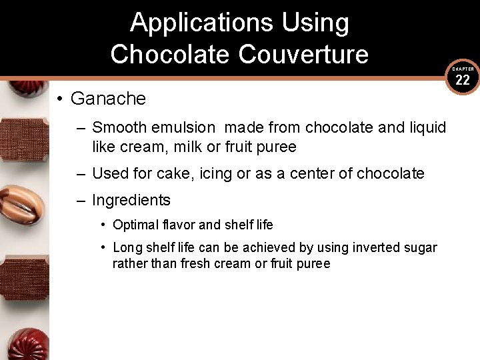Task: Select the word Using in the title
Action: coord(315,23)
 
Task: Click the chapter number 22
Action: coord(463,81)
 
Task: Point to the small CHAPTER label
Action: coord(463,69)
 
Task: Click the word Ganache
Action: coord(108,99)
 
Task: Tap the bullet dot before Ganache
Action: coord(60,99)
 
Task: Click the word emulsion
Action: coord(182,127)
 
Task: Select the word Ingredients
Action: coord(131,200)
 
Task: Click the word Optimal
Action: coord(135,225)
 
